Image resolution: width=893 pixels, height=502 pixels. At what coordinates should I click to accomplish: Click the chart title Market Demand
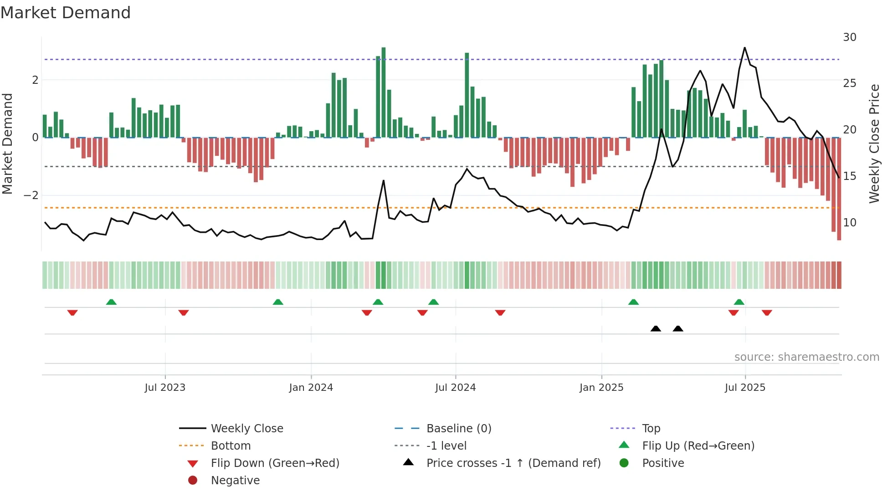66,13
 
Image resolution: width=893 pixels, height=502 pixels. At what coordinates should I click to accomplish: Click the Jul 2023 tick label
165,388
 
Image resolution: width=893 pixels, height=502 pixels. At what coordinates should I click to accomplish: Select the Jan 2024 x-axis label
311,388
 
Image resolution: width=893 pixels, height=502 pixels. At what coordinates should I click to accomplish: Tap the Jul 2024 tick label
455,388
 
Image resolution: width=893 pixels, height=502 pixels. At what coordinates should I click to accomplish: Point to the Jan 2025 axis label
601,388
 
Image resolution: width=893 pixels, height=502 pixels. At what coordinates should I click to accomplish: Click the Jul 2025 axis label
745,388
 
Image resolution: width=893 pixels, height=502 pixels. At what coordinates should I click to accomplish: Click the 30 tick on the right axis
849,37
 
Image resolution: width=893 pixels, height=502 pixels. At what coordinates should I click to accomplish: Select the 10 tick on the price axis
849,223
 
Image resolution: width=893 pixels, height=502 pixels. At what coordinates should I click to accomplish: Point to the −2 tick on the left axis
31,195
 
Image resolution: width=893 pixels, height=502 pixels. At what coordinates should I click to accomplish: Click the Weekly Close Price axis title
874,143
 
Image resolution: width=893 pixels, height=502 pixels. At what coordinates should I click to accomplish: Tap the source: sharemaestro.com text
806,357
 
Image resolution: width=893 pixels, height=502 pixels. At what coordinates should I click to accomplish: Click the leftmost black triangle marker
656,329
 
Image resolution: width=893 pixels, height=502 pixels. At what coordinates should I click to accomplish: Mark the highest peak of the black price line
744,48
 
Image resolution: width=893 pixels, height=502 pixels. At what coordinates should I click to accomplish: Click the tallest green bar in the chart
384,91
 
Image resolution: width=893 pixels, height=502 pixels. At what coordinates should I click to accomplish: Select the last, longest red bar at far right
839,189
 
